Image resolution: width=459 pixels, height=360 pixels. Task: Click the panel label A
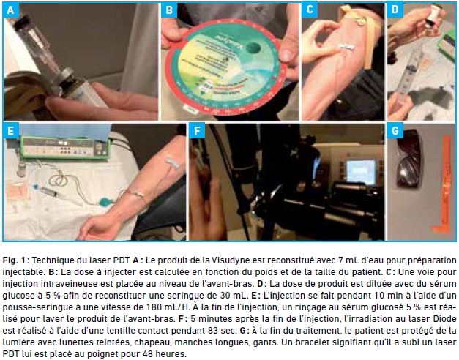coord(10,10)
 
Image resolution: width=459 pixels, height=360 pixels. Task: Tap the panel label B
coord(169,10)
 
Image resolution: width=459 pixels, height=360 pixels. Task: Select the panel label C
coord(310,10)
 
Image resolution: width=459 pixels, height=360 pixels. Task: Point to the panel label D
coord(395,10)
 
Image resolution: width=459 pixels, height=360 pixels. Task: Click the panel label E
coord(10,130)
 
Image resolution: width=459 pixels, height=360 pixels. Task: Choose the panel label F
coord(196,130)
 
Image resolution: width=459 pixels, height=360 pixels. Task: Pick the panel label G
coord(395,130)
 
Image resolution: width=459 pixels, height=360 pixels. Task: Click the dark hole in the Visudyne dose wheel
coord(253,48)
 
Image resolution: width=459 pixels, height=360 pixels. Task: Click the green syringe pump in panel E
coord(65,146)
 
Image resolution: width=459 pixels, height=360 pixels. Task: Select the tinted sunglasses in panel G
coord(410,159)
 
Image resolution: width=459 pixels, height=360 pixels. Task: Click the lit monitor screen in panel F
coord(361,172)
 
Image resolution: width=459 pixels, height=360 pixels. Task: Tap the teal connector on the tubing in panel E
coord(105,202)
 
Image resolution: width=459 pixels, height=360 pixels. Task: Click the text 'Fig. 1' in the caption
coord(15,260)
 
